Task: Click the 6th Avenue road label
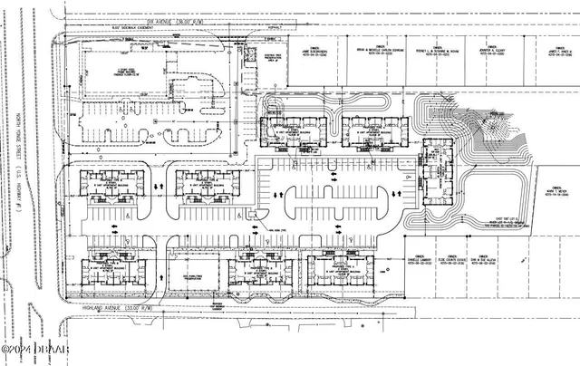click(x=172, y=20)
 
